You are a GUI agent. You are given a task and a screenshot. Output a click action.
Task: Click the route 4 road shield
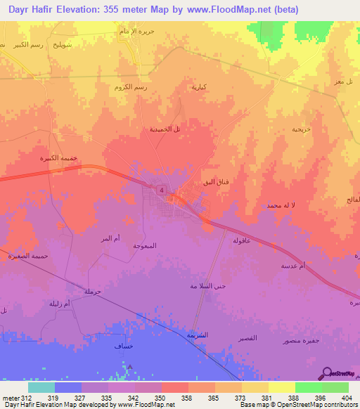click(x=162, y=190)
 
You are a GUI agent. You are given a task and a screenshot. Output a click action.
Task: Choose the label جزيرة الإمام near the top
click(x=137, y=32)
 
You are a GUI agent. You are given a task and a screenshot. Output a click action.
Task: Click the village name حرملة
click(x=93, y=291)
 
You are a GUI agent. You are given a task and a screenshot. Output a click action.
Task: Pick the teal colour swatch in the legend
click(x=41, y=387)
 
